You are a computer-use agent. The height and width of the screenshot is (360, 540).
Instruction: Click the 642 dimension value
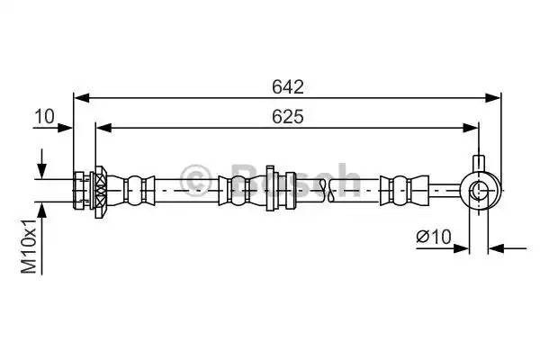click(288, 86)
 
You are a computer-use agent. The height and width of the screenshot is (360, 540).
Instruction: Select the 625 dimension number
click(288, 116)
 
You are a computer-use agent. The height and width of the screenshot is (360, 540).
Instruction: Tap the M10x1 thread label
click(29, 246)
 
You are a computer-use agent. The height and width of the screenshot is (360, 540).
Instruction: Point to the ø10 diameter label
click(434, 237)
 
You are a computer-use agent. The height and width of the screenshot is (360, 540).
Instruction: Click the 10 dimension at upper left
click(44, 116)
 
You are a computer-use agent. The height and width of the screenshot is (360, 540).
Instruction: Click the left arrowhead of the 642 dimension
click(82, 98)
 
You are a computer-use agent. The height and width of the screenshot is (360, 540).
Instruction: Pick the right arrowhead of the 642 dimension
click(492, 98)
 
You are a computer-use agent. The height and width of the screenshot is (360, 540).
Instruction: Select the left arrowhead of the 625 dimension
click(104, 128)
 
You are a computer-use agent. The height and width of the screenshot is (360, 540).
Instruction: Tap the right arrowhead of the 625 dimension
click(471, 128)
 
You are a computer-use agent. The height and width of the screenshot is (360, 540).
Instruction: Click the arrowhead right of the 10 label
click(65, 128)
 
